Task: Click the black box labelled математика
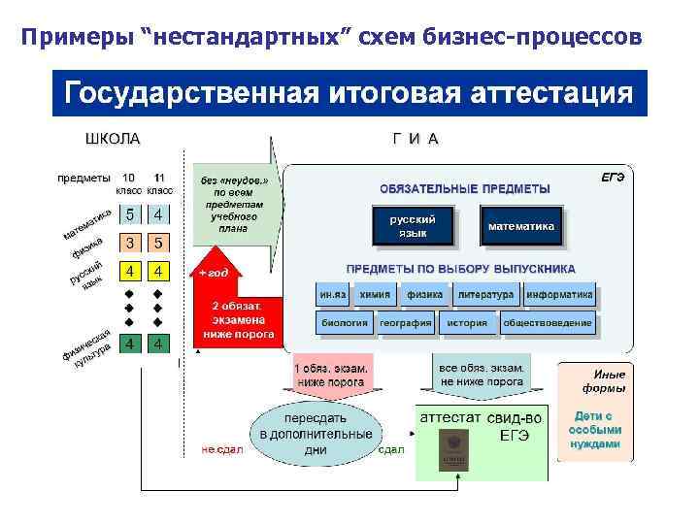(x=521, y=226)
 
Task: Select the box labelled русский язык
(x=413, y=226)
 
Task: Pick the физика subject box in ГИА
(x=424, y=293)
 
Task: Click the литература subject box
(x=484, y=293)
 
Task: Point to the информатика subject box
(x=559, y=293)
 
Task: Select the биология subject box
(x=344, y=322)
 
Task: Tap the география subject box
(x=405, y=322)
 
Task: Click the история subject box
(x=466, y=322)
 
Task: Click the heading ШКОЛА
(x=113, y=139)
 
